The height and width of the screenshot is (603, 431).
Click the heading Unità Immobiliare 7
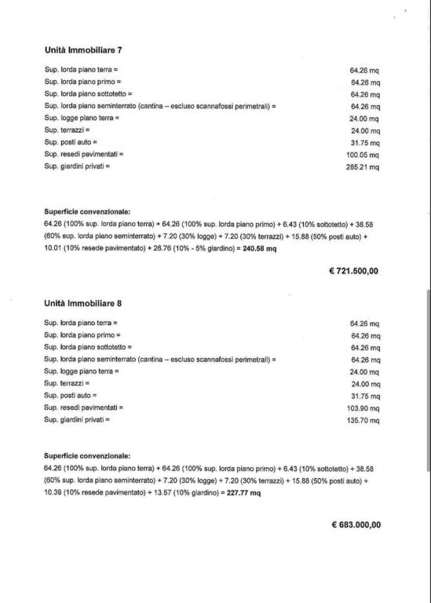point(82,49)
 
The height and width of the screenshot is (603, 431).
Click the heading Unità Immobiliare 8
point(82,302)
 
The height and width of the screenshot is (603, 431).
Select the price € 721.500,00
point(353,270)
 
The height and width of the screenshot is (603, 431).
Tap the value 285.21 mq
point(364,167)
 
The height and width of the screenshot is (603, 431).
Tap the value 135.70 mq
point(364,421)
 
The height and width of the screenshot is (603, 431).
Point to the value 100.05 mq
point(364,155)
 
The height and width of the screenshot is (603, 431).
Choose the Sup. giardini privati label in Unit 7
point(78,166)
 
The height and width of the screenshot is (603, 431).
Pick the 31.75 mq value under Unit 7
point(365,143)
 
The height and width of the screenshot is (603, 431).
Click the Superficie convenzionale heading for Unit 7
point(87,211)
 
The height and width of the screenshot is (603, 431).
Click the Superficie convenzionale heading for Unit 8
point(87,455)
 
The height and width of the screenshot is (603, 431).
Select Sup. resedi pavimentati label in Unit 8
point(84,408)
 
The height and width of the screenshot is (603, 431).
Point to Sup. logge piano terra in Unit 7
point(82,118)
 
